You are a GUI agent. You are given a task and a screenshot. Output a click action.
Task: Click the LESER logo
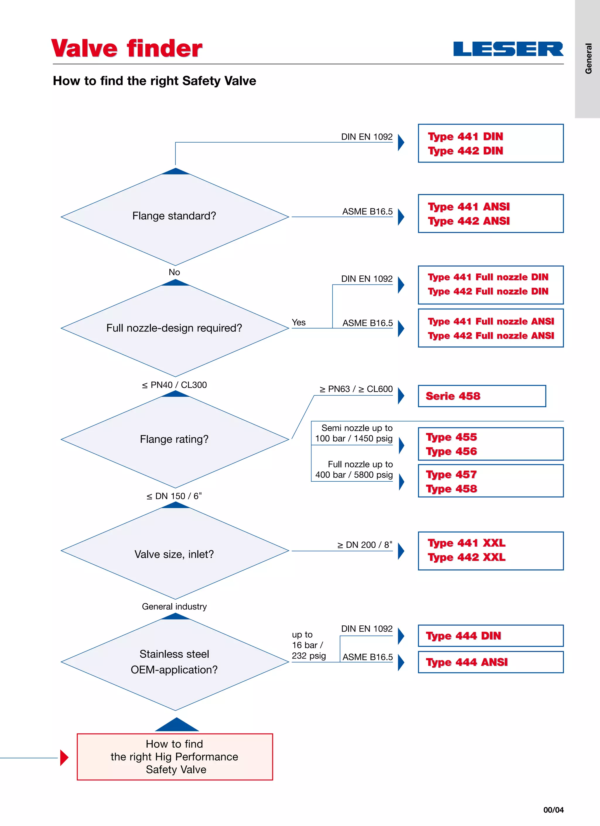tap(508, 49)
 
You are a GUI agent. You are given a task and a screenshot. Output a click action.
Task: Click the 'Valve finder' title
tap(127, 48)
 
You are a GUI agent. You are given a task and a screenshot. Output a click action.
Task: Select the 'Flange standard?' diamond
tap(175, 216)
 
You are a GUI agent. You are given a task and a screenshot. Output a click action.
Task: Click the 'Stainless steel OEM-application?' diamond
tap(175, 662)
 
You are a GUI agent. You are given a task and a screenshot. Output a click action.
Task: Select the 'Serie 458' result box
tap(481, 396)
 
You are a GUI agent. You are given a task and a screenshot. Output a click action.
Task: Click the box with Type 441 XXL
tap(490, 550)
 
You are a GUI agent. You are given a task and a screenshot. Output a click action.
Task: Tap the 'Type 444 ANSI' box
tap(490, 662)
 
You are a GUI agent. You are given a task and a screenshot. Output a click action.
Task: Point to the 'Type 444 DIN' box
tap(490, 636)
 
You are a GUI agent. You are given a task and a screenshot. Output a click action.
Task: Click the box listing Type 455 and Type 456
tap(490, 444)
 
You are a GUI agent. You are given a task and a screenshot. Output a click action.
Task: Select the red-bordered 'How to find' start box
tap(175, 757)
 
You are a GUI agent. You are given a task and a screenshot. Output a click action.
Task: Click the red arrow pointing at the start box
tap(64, 758)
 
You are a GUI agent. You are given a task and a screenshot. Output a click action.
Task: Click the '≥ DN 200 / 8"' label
tap(364, 545)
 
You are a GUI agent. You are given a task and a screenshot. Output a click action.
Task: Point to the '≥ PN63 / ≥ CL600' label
tap(356, 389)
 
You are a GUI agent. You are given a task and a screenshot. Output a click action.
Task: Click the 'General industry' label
tap(174, 606)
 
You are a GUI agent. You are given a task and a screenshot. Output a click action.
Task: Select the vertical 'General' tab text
tap(588, 59)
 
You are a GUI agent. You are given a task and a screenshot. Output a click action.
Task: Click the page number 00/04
tap(553, 810)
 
